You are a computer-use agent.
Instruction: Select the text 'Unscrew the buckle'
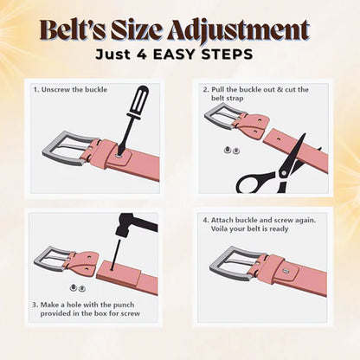pos(74,89)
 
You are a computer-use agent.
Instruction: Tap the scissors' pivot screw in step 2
pos(284,172)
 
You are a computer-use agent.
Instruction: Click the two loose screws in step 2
pos(232,150)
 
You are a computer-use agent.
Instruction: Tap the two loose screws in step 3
pos(78,287)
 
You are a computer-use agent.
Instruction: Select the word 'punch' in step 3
pos(124,305)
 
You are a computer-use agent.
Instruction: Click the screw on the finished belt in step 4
pos(286,271)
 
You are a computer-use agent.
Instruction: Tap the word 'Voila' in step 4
pos(220,228)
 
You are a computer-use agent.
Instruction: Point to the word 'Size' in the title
pos(136,30)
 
